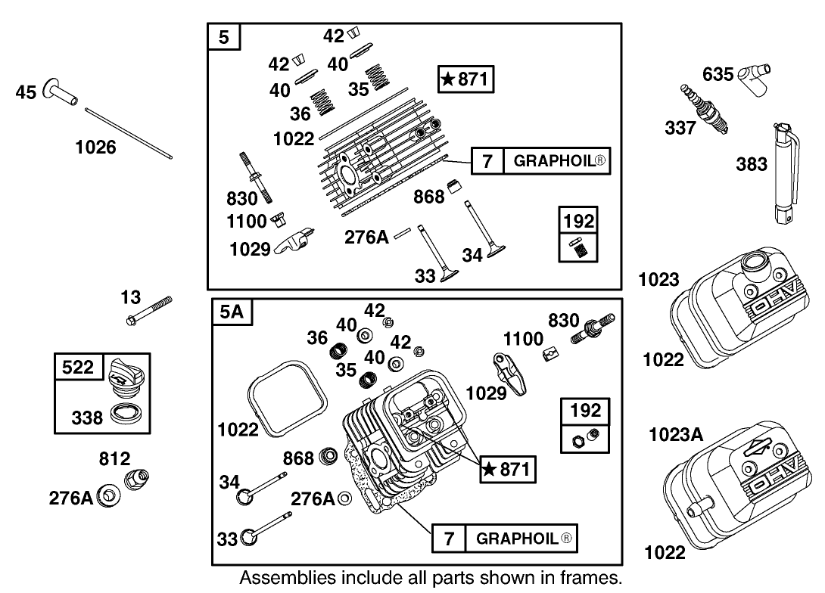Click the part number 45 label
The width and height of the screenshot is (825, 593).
26,94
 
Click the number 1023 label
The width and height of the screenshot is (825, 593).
658,280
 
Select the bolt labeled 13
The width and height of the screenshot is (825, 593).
148,310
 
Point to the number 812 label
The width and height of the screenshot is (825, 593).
114,458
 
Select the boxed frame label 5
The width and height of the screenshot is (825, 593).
224,38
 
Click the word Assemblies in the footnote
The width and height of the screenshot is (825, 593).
287,579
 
